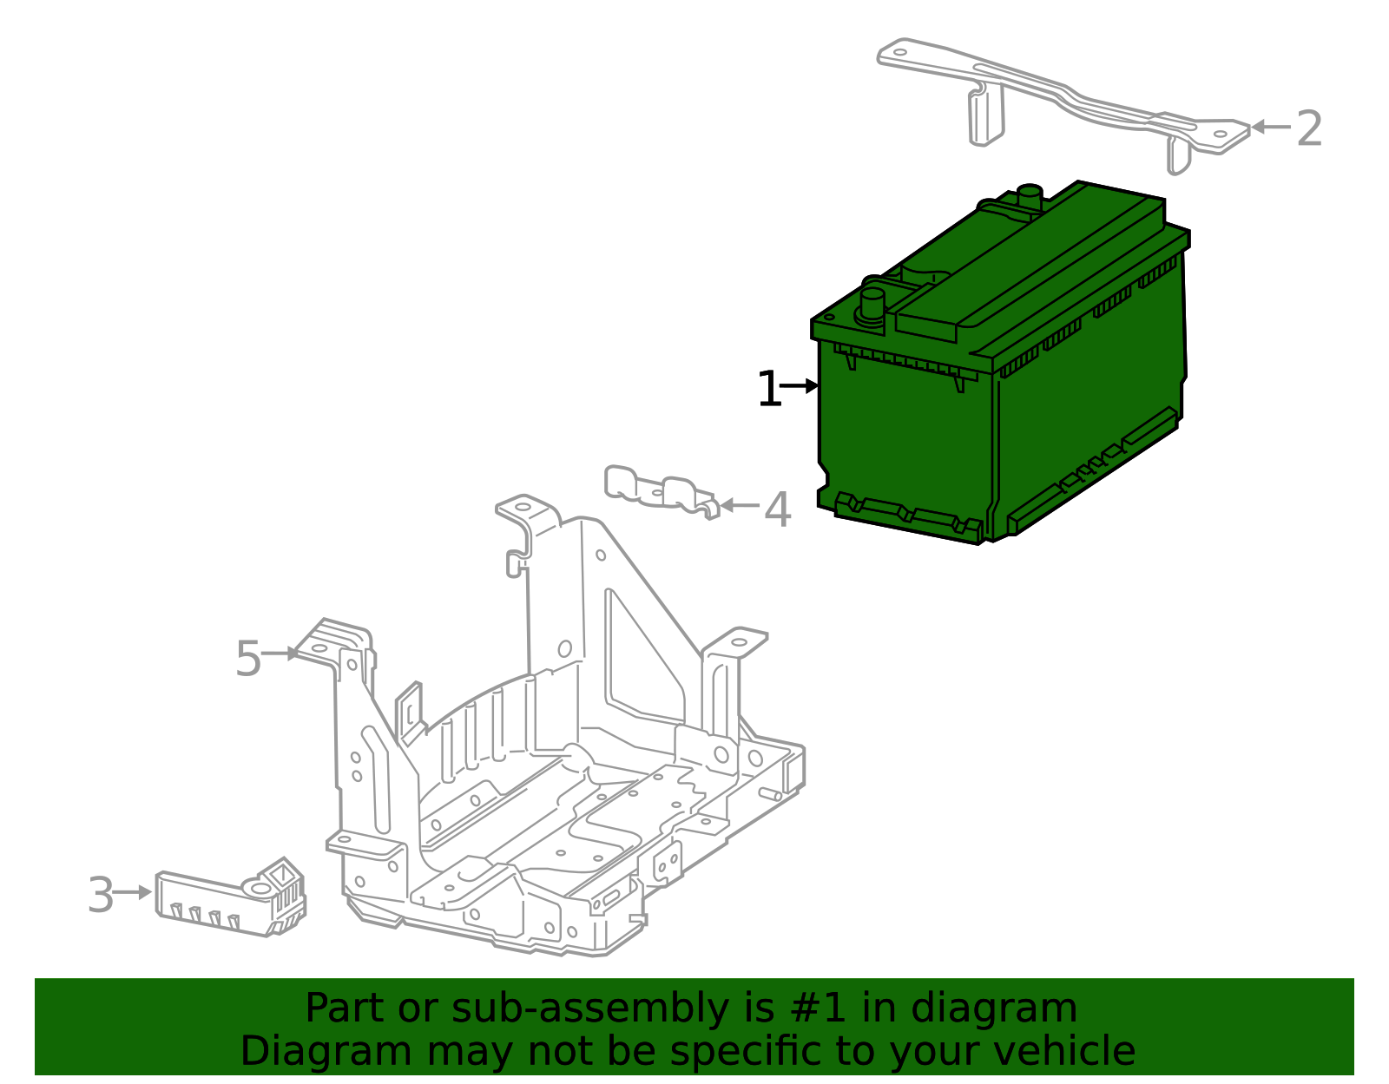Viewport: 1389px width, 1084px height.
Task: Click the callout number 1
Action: (768, 390)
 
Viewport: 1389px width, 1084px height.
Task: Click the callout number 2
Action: (1308, 129)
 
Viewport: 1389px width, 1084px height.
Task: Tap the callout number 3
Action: (101, 896)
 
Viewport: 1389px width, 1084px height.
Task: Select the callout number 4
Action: (777, 509)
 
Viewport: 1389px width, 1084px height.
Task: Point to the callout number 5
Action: (248, 659)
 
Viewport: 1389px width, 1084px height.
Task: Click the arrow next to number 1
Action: (800, 385)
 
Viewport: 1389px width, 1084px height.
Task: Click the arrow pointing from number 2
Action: (1270, 127)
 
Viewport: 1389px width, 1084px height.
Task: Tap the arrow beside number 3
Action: (133, 892)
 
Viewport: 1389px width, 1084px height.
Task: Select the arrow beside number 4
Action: (739, 505)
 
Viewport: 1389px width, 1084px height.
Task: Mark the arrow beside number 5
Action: (280, 654)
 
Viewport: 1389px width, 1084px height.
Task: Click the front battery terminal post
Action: (872, 305)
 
